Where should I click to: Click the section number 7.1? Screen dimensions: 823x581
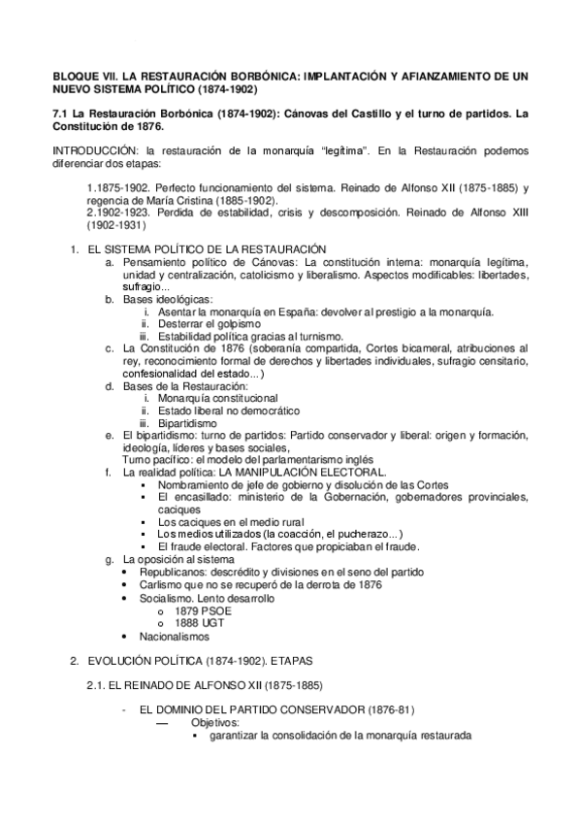(x=59, y=114)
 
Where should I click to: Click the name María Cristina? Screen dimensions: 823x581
(x=171, y=198)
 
